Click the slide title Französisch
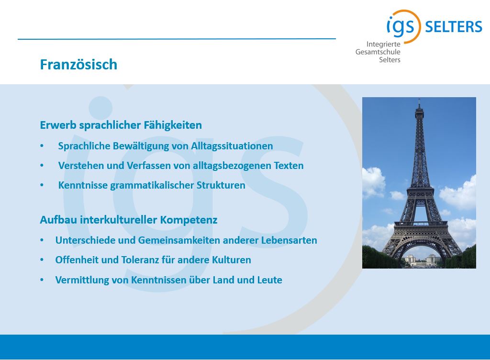(x=78, y=64)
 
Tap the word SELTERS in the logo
(x=454, y=27)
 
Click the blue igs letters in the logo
(x=401, y=26)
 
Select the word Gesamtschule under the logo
(x=378, y=52)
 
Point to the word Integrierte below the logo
(x=383, y=45)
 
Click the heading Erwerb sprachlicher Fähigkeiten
(x=121, y=125)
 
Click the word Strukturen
(x=221, y=185)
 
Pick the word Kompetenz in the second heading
(x=189, y=220)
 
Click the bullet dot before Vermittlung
(x=42, y=280)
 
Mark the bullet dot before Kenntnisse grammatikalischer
(x=42, y=185)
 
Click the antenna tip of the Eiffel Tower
(x=419, y=100)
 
